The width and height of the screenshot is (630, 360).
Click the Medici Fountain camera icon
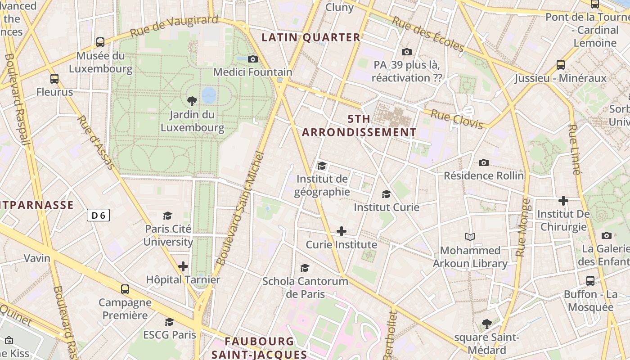coord(253,59)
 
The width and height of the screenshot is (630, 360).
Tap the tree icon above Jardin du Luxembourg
coord(192,101)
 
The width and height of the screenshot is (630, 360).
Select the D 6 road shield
coord(98,216)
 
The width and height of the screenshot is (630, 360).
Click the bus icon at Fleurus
coord(54,79)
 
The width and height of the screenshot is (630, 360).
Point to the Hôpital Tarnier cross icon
coord(183,266)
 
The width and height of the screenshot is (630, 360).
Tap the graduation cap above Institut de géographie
coord(322,166)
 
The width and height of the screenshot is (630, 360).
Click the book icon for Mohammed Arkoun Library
coord(470,237)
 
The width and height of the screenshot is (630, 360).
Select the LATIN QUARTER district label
coord(311,37)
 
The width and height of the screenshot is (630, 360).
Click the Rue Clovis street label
coord(457,119)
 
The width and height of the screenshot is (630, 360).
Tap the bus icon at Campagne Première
coord(125,289)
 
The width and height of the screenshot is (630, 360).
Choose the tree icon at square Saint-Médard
coord(486,324)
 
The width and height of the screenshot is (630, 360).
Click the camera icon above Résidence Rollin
coord(484,162)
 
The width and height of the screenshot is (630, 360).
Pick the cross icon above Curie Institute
coord(342,232)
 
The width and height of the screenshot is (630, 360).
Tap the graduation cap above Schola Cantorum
coord(305,268)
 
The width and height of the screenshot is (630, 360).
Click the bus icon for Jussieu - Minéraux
coord(561,64)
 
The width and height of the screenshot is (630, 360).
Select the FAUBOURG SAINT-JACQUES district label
coord(259,348)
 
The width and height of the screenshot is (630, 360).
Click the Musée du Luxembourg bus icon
coord(100,42)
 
